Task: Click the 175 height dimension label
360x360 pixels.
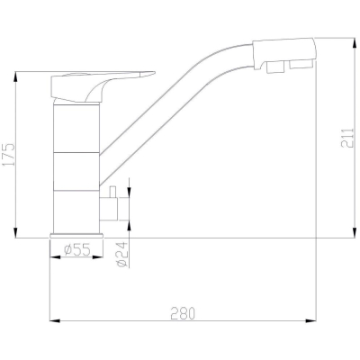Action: tap(9, 155)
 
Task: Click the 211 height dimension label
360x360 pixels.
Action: tap(347, 139)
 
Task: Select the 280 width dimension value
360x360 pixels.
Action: tap(183, 313)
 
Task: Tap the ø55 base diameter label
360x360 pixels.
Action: tap(76, 249)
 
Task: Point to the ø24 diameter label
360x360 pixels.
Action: tap(122, 255)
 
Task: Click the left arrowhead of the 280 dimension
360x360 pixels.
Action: tap(55, 321)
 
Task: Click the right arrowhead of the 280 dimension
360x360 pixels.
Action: tap(311, 321)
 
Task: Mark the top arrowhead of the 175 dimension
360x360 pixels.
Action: tap(15, 77)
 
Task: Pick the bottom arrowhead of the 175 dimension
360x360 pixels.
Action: tap(15, 232)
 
